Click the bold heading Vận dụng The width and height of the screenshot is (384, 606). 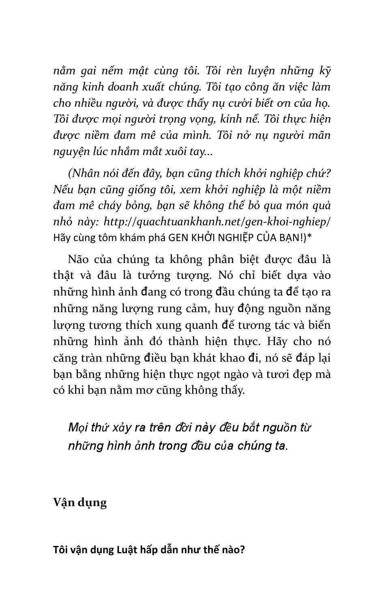point(80,502)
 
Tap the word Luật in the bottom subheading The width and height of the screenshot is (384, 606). point(126,550)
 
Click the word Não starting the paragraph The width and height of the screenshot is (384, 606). point(79,259)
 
